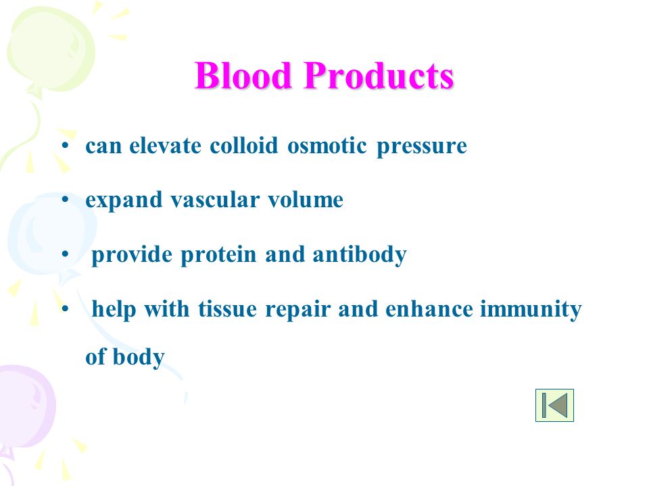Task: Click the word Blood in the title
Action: coord(243,76)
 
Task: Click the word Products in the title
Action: coord(379,76)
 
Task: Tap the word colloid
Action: coord(244,145)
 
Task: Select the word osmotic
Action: coord(327,145)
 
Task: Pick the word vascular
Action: coord(215,200)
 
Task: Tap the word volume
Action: coord(306,200)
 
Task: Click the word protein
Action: coord(218,255)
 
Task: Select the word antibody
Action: coord(360,255)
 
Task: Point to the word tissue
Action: coord(228,309)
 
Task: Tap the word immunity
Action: coord(531,310)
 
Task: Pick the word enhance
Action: coord(429,309)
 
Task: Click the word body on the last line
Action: coord(139,358)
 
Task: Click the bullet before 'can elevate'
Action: coord(65,146)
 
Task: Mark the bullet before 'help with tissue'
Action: coord(65,308)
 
